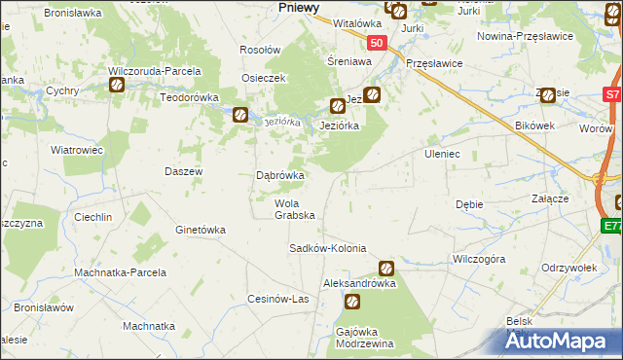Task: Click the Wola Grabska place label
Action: (x=294, y=209)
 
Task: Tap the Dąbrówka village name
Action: (x=279, y=176)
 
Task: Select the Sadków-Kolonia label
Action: (x=327, y=248)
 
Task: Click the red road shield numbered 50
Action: (x=378, y=44)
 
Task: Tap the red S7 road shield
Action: (x=611, y=95)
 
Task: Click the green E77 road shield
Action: (x=611, y=226)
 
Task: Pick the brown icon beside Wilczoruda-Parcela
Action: (x=116, y=85)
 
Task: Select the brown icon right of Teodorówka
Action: (x=239, y=115)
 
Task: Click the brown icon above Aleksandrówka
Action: (x=386, y=267)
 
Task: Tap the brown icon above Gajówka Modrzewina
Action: (x=350, y=303)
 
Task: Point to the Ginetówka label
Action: (x=200, y=230)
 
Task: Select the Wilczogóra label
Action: (x=478, y=260)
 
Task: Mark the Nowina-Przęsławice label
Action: (x=524, y=36)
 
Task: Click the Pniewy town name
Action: (x=299, y=7)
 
